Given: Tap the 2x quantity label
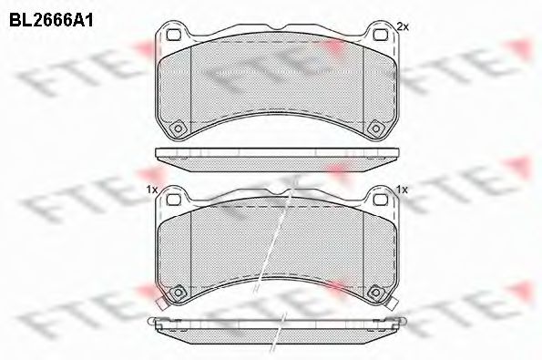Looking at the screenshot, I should [x=402, y=26].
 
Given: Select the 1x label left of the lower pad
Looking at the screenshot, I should [x=150, y=189].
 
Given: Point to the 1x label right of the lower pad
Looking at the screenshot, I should [x=401, y=189].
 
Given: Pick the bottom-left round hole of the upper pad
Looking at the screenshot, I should [x=179, y=127].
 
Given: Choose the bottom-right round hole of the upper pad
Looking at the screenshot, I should [x=373, y=127].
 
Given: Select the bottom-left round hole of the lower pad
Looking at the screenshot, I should [x=179, y=292].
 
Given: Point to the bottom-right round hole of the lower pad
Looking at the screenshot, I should [x=373, y=292].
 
